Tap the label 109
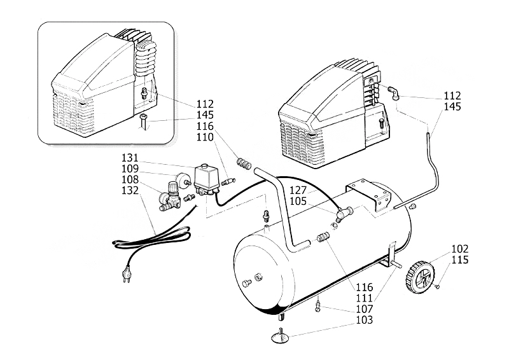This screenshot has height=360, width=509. point(130,169)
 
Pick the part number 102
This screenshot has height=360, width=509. point(459,249)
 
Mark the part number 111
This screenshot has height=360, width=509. point(363,298)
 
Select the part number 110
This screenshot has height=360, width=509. point(204,137)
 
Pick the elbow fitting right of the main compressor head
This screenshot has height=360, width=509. point(394,93)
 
